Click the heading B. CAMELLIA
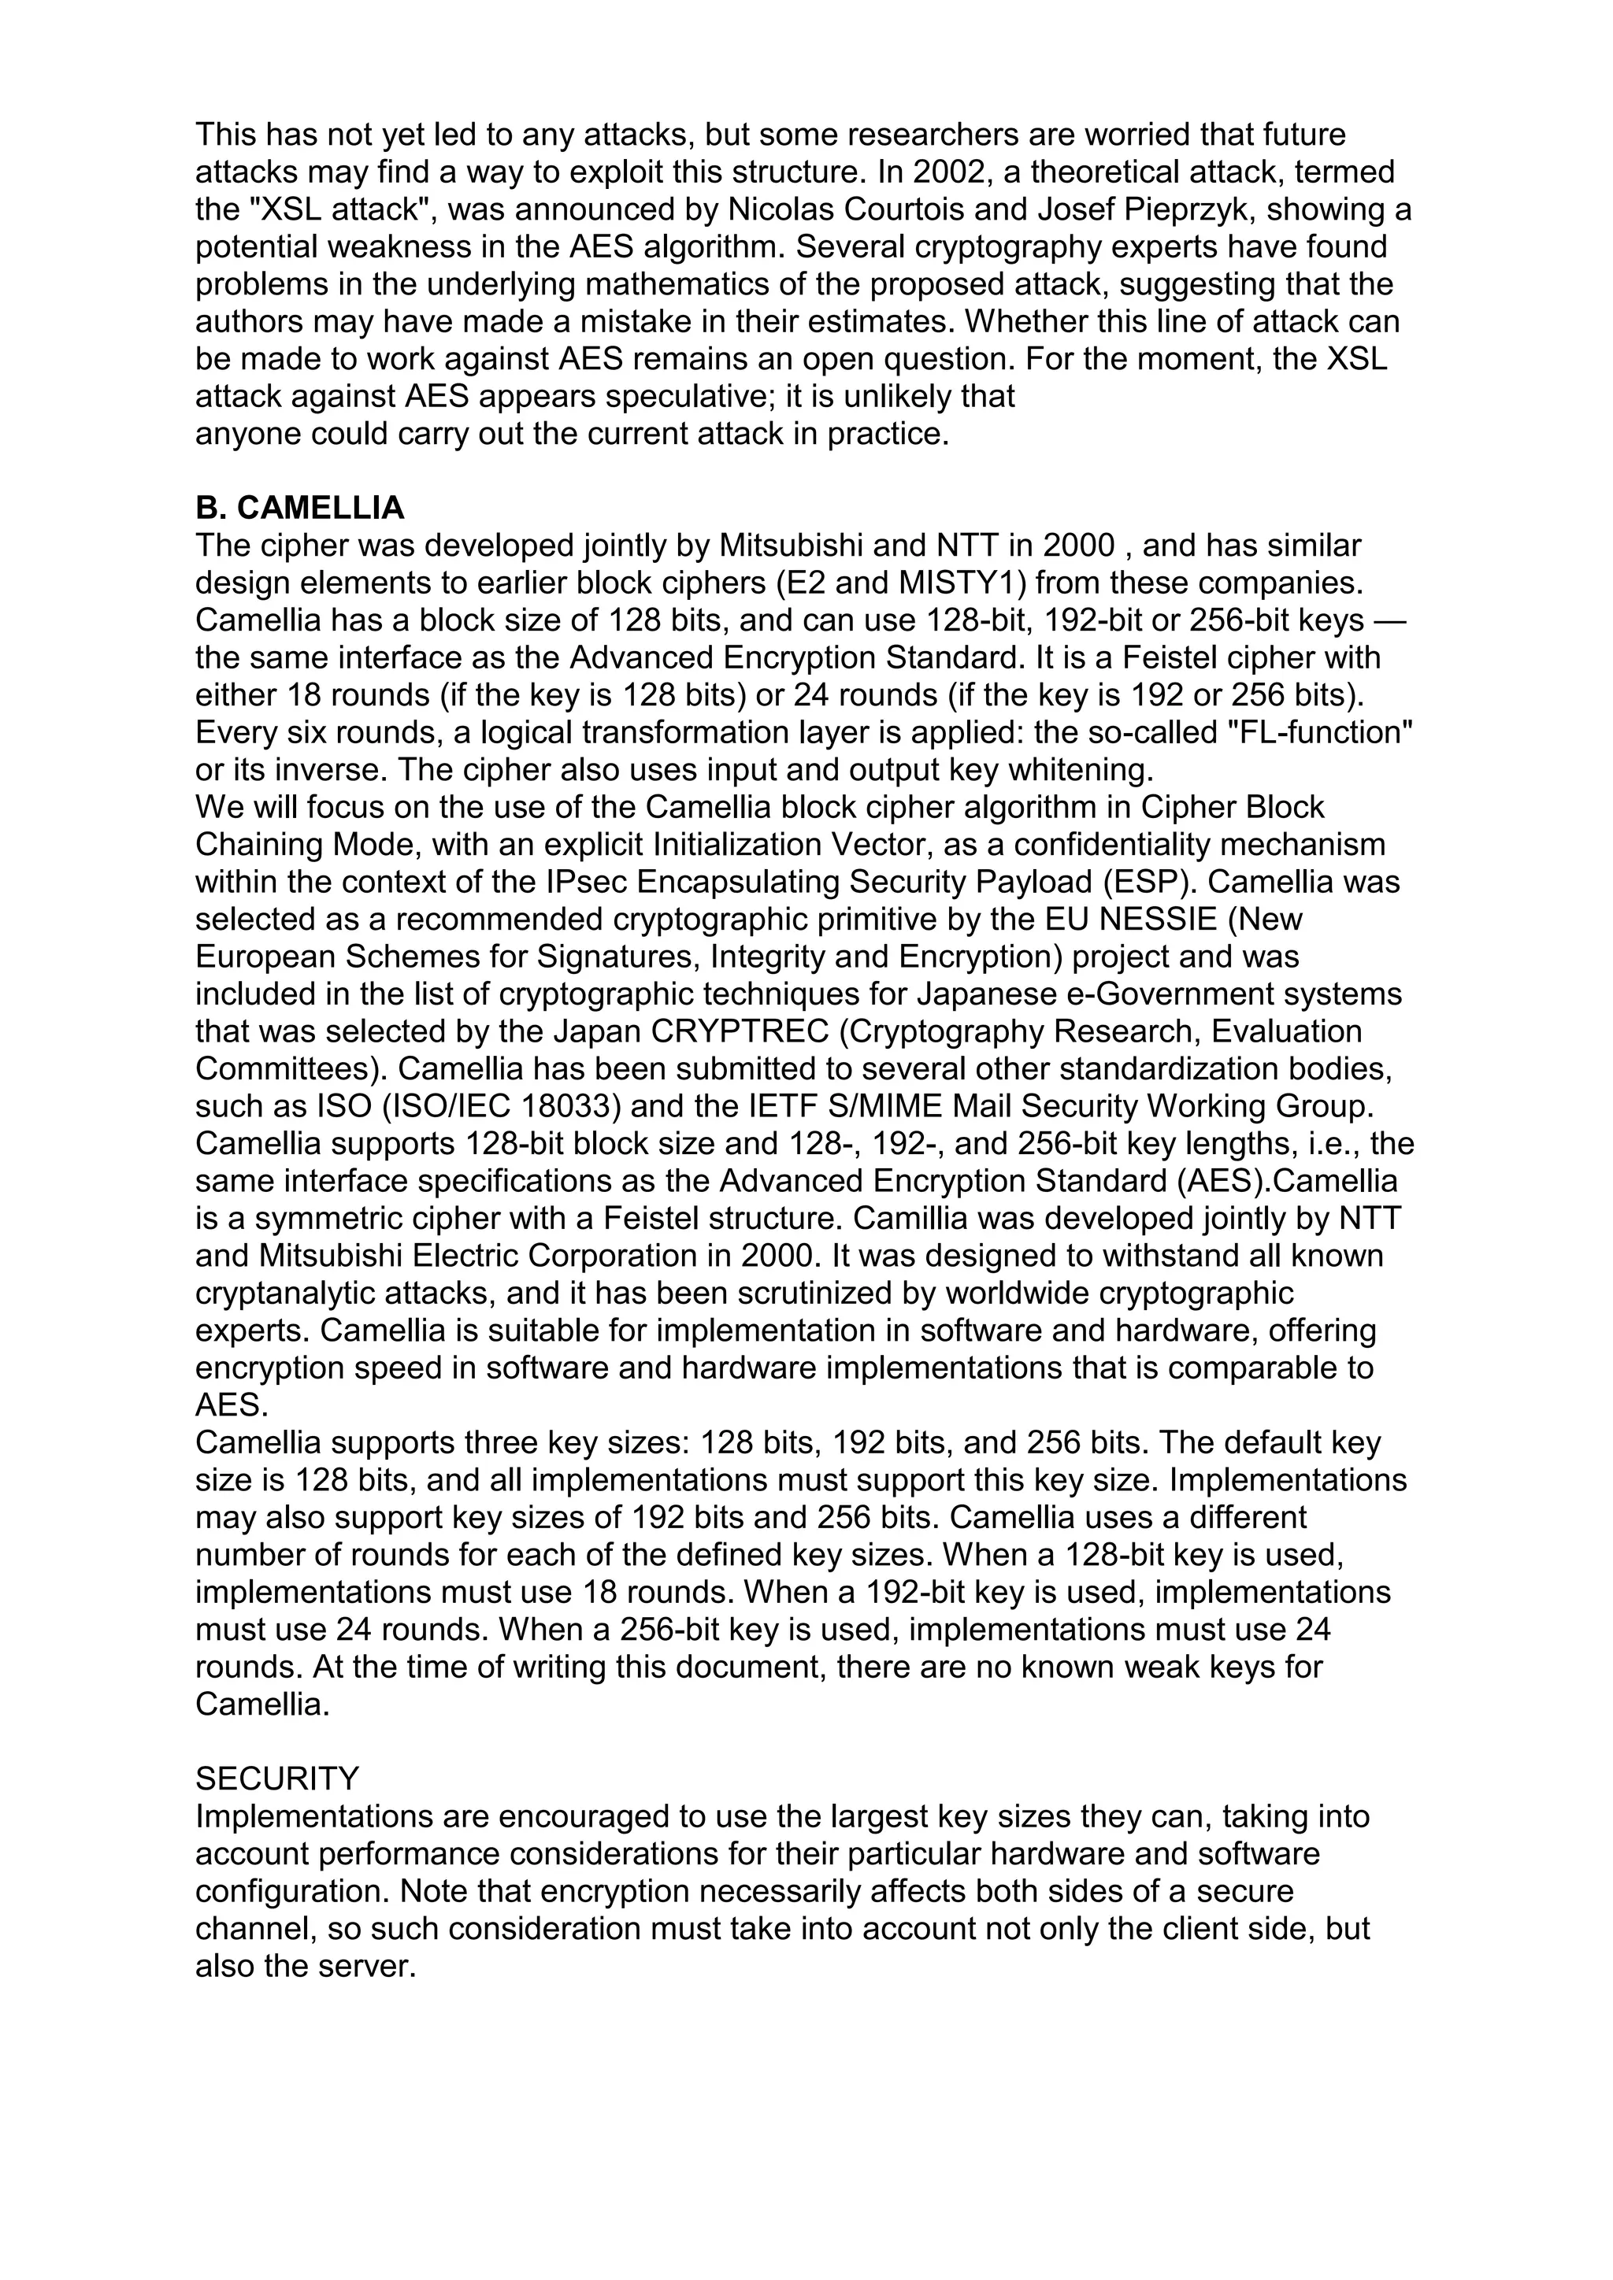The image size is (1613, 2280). click(300, 509)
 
